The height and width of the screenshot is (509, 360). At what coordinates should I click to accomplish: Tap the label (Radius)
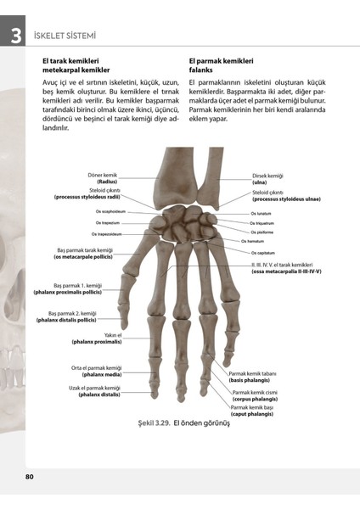106,182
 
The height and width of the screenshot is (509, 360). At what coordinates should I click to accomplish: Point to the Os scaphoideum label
110,211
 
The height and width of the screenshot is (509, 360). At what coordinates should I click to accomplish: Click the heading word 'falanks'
203,70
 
